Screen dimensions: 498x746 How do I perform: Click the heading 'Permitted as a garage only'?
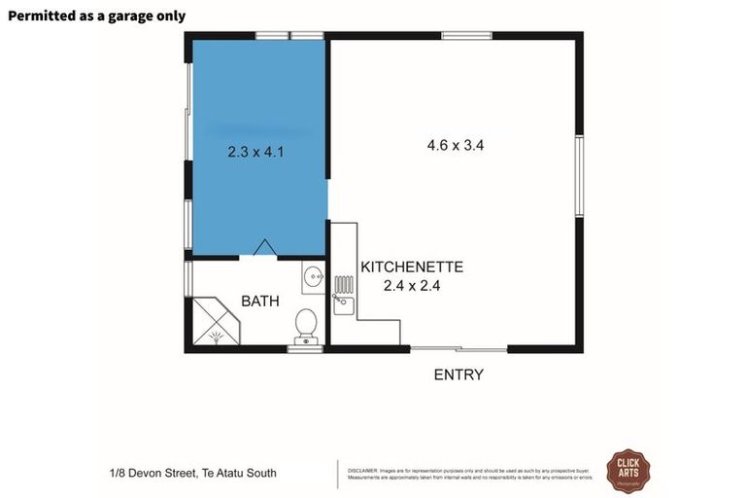point(96,16)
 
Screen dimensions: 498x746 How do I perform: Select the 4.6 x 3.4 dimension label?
point(455,145)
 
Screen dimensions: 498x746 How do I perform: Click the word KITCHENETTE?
point(412,267)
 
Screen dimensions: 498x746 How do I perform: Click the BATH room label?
point(260,302)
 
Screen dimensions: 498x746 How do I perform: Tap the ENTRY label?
point(458,374)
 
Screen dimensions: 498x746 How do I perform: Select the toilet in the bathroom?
point(306,324)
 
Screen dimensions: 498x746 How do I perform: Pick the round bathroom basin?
point(313,278)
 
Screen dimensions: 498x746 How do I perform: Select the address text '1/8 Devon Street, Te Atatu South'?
point(193,474)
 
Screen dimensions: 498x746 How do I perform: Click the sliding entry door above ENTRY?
point(458,348)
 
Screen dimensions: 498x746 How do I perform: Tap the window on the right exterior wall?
point(579,176)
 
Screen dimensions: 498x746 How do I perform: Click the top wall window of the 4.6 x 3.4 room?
point(466,36)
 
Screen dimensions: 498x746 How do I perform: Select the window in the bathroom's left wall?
point(188,278)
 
